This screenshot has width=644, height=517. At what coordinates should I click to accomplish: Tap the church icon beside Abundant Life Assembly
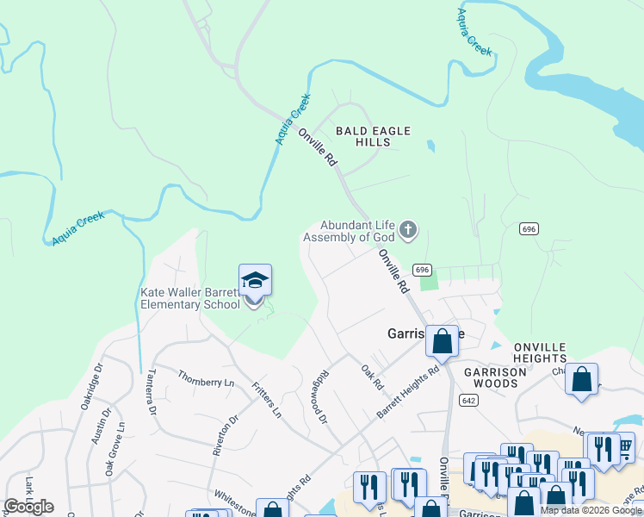pyautogui.click(x=408, y=230)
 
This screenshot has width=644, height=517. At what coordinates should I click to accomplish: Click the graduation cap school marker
pyautogui.click(x=255, y=282)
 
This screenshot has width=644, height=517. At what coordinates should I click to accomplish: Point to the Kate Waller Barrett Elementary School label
pyautogui.click(x=190, y=298)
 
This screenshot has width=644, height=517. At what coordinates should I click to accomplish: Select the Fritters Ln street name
pyautogui.click(x=266, y=401)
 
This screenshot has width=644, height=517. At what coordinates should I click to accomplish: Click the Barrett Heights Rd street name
pyautogui.click(x=409, y=392)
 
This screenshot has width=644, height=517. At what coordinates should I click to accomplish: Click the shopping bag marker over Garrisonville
pyautogui.click(x=442, y=341)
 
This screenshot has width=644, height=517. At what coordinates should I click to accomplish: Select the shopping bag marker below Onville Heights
pyautogui.click(x=582, y=379)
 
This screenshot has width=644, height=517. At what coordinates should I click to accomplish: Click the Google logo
pyautogui.click(x=28, y=507)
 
